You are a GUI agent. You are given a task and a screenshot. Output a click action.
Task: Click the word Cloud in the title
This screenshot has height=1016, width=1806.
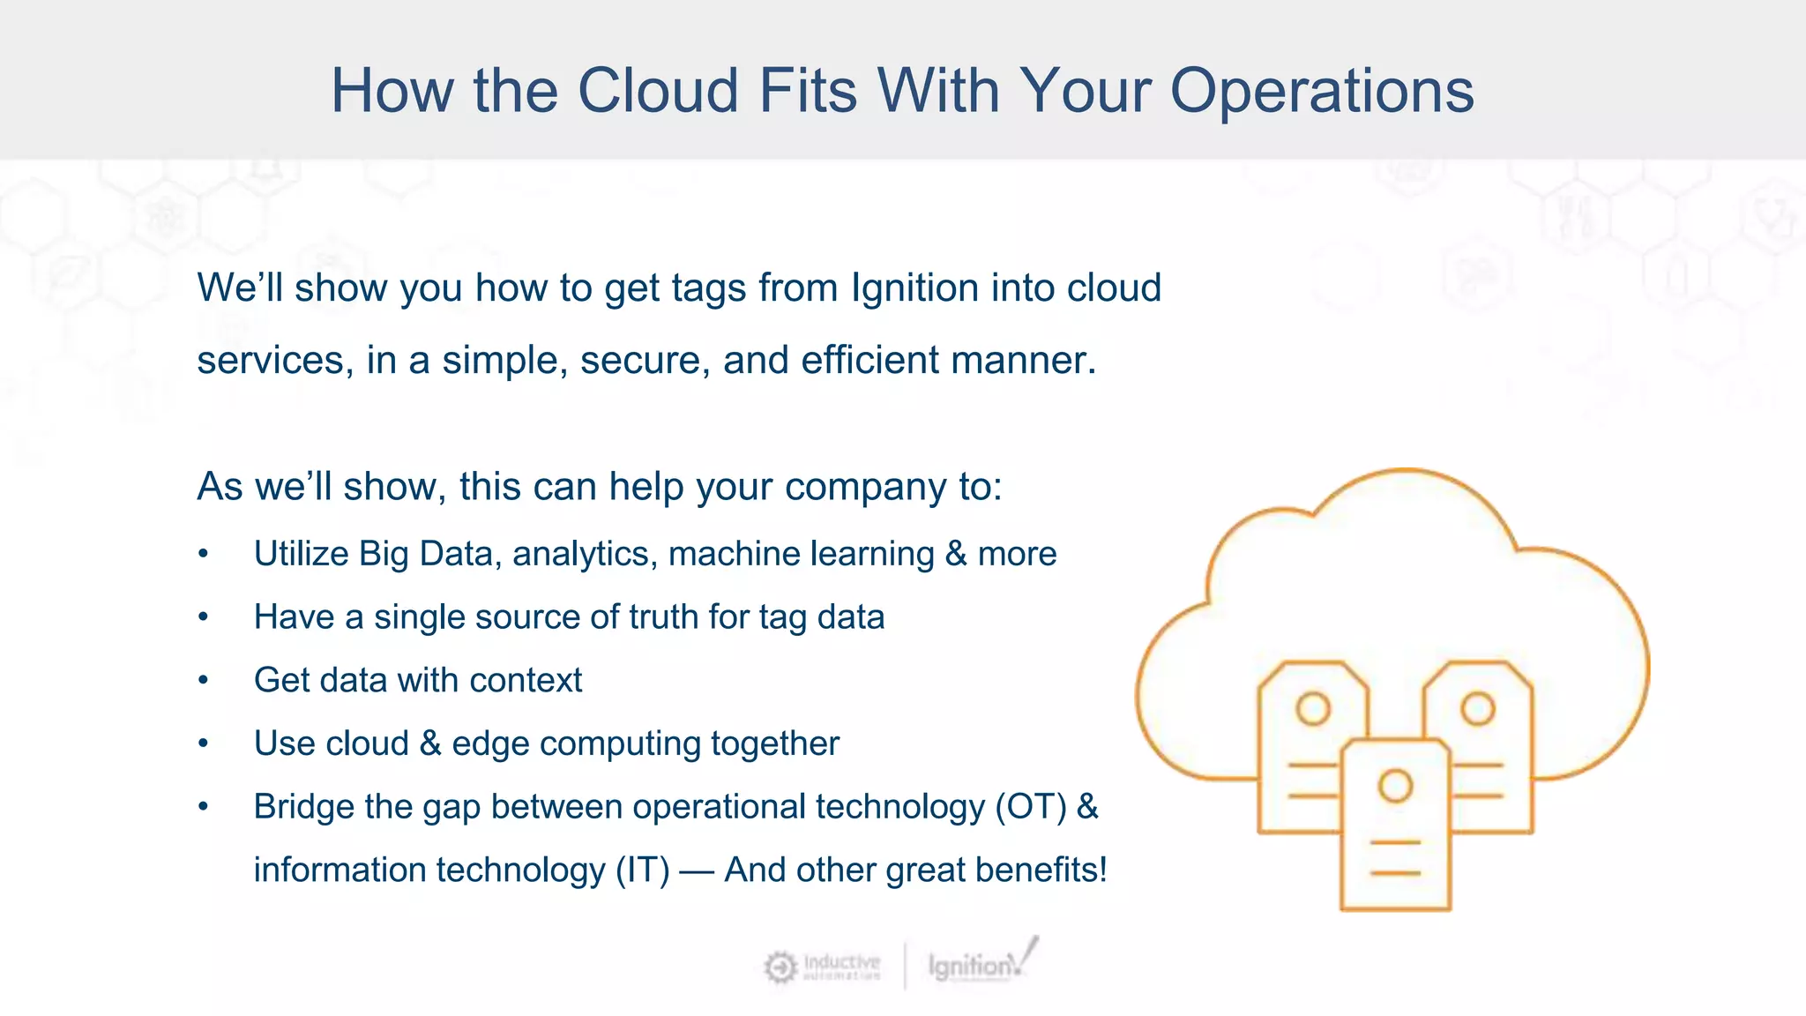[658, 91]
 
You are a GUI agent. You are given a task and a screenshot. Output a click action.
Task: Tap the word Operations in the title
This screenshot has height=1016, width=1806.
[1322, 91]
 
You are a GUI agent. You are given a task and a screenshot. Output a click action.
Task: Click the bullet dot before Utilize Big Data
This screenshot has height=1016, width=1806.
[204, 554]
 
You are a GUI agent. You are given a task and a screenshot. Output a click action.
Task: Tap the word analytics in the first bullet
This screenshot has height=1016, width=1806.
[584, 554]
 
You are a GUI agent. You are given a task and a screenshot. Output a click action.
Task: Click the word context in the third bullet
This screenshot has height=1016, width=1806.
[526, 681]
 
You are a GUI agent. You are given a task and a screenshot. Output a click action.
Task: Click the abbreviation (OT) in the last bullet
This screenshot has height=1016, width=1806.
[1031, 807]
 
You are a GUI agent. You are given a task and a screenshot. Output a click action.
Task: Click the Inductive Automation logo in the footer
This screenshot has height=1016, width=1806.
[822, 967]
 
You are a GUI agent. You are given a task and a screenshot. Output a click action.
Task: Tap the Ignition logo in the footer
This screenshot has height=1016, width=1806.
[981, 964]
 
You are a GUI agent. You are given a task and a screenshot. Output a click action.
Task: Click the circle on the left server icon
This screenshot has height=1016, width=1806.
[1313, 708]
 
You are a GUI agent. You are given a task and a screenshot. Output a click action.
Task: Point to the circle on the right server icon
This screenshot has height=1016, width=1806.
[1478, 708]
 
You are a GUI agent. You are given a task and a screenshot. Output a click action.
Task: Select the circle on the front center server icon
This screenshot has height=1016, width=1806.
[1395, 785]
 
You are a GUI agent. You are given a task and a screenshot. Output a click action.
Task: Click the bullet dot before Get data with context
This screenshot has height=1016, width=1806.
[204, 681]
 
